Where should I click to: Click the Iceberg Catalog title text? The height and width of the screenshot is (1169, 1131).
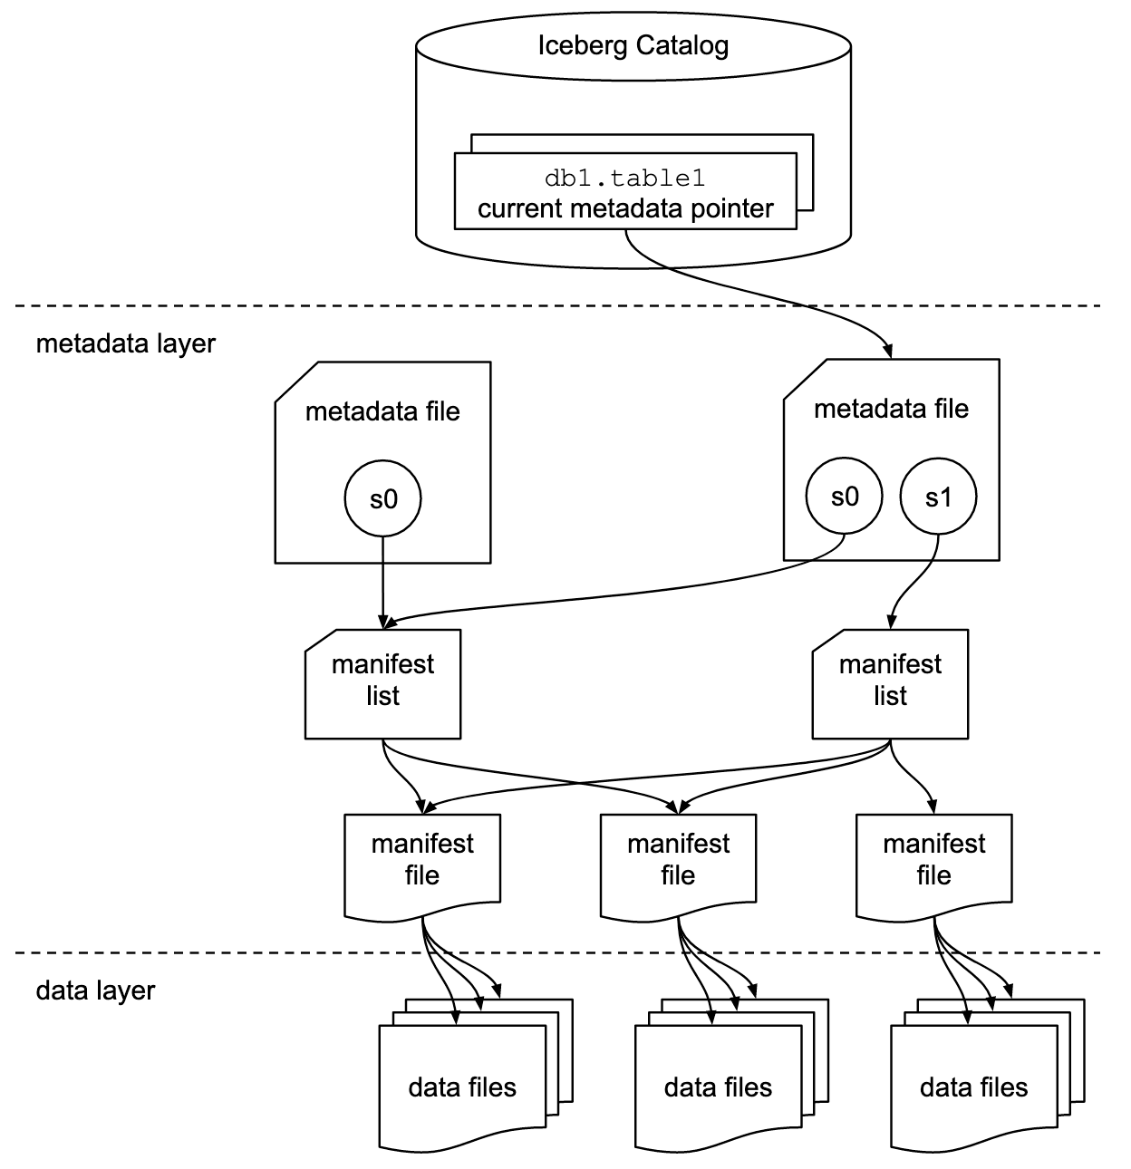pyautogui.click(x=633, y=45)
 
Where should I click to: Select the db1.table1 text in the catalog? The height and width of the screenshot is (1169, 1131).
pyautogui.click(x=624, y=179)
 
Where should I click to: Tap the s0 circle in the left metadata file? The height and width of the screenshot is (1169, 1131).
pyautogui.click(x=382, y=498)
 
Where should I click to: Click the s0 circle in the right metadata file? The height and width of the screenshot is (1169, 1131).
pyautogui.click(x=844, y=496)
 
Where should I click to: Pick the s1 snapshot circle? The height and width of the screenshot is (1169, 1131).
pyautogui.click(x=938, y=496)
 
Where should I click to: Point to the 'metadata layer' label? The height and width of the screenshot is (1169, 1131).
pyautogui.click(x=126, y=344)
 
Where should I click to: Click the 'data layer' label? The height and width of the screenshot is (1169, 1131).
pyautogui.click(x=95, y=990)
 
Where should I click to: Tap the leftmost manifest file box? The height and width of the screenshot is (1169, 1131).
pyautogui.click(x=422, y=860)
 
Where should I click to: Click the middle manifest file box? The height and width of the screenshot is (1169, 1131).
pyautogui.click(x=678, y=860)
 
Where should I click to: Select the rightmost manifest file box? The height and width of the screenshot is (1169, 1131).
pyautogui.click(x=933, y=860)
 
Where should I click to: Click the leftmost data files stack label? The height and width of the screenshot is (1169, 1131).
pyautogui.click(x=462, y=1087)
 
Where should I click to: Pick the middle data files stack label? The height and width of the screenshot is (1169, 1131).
pyautogui.click(x=718, y=1087)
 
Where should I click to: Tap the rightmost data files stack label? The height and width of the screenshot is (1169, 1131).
pyautogui.click(x=973, y=1087)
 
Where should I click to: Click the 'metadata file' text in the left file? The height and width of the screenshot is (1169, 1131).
pyautogui.click(x=382, y=411)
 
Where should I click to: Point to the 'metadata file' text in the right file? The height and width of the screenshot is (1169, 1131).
pyautogui.click(x=891, y=409)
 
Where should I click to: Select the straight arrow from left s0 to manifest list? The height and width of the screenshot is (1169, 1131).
pyautogui.click(x=382, y=580)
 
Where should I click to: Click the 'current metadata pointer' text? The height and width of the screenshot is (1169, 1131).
pyautogui.click(x=625, y=208)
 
